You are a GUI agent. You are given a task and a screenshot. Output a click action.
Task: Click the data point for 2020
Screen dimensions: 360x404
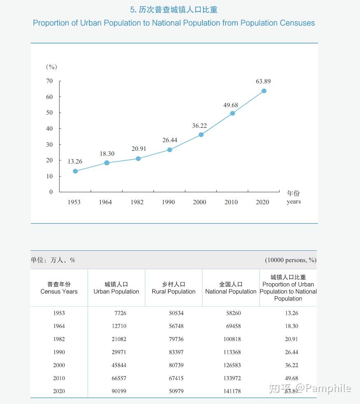click(264, 91)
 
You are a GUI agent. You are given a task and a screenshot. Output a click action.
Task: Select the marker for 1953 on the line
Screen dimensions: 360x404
click(75, 171)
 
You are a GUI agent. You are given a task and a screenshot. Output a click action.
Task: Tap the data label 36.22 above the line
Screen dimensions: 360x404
click(200, 126)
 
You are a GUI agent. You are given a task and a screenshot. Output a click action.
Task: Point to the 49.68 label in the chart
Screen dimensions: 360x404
click(231, 105)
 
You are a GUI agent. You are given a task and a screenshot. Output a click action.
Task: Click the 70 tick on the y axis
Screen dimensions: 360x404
click(49, 81)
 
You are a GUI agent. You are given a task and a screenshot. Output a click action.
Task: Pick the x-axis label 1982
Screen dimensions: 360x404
click(137, 202)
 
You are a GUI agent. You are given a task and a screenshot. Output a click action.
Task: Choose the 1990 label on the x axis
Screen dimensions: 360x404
click(168, 202)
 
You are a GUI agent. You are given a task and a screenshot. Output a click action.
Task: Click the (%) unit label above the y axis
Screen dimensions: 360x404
click(51, 67)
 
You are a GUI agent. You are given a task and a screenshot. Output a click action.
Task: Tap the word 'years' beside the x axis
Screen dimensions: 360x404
click(294, 201)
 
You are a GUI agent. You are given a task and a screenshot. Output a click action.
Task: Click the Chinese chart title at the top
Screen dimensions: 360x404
click(174, 10)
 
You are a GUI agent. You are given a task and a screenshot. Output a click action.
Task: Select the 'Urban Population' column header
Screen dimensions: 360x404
click(116, 291)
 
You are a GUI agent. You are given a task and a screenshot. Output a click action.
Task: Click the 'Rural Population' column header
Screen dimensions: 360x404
click(174, 291)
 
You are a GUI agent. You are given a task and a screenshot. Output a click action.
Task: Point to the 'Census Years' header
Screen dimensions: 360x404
click(59, 291)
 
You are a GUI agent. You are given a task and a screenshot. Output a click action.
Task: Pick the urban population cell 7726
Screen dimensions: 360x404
click(121, 313)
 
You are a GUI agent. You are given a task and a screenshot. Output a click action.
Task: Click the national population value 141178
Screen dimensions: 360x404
click(232, 391)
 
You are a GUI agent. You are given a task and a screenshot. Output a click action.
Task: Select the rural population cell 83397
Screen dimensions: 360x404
click(176, 352)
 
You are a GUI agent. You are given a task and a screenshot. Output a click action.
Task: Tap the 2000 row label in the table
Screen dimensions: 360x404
click(59, 365)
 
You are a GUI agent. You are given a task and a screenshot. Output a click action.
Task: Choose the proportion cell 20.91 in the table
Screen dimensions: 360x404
click(291, 339)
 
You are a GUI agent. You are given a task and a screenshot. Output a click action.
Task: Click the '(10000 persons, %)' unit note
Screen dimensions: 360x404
click(290, 260)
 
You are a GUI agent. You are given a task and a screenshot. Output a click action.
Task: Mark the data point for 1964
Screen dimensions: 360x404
click(107, 163)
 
